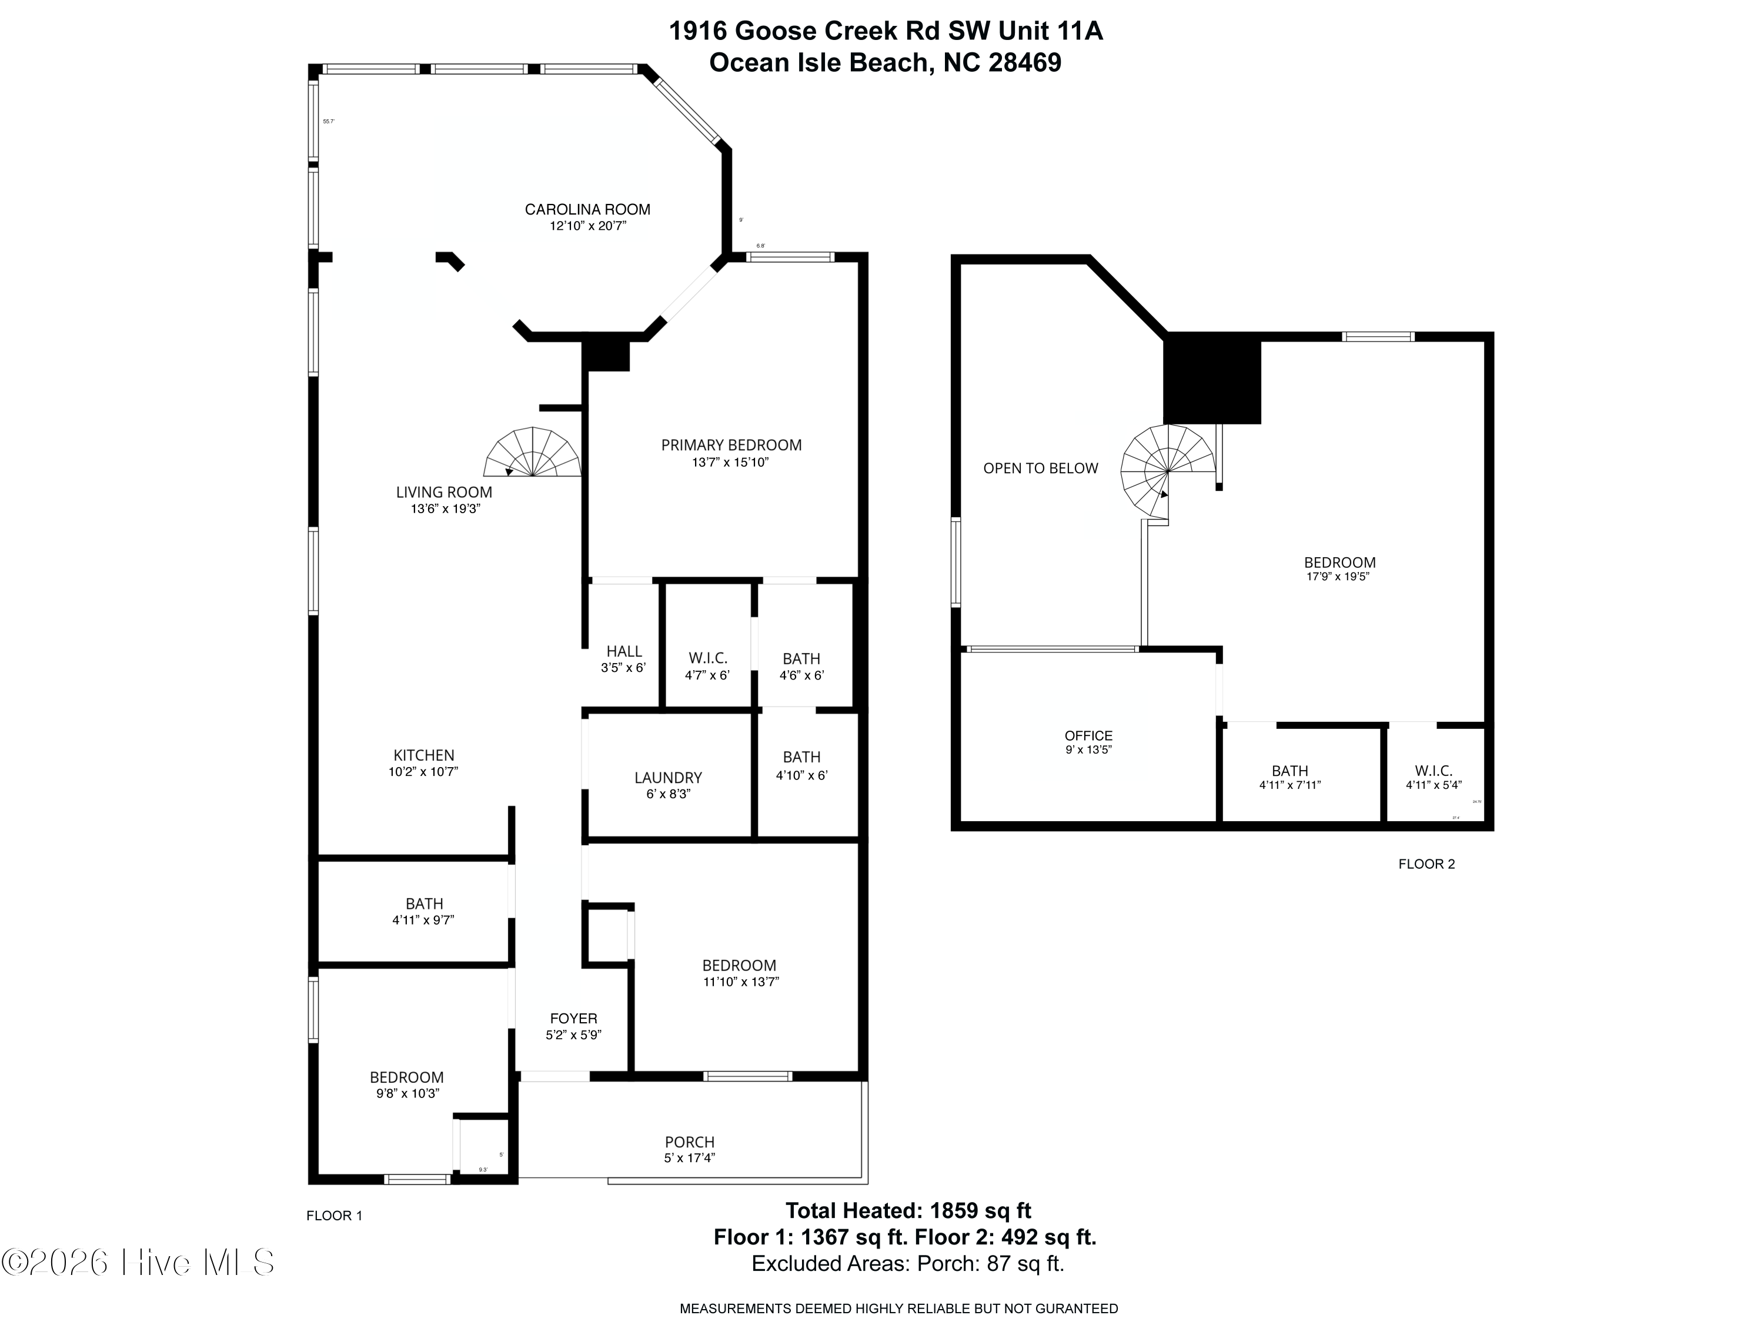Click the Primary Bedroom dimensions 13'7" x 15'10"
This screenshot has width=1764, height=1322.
730,463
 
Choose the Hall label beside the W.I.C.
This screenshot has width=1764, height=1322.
624,651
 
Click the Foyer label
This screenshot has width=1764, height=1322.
573,1018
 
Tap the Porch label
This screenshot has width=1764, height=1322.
690,1142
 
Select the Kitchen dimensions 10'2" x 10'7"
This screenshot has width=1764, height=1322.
423,772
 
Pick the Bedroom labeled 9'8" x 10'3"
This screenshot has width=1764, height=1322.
407,1077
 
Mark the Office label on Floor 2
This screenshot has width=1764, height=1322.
1088,736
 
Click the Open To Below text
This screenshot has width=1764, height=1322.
1041,468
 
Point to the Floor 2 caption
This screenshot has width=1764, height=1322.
1426,864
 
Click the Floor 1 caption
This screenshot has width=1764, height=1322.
334,1215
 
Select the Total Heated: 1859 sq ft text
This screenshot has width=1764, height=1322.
908,1210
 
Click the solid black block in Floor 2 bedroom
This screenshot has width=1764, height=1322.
1211,381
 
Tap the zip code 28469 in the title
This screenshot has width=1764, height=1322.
1025,62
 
